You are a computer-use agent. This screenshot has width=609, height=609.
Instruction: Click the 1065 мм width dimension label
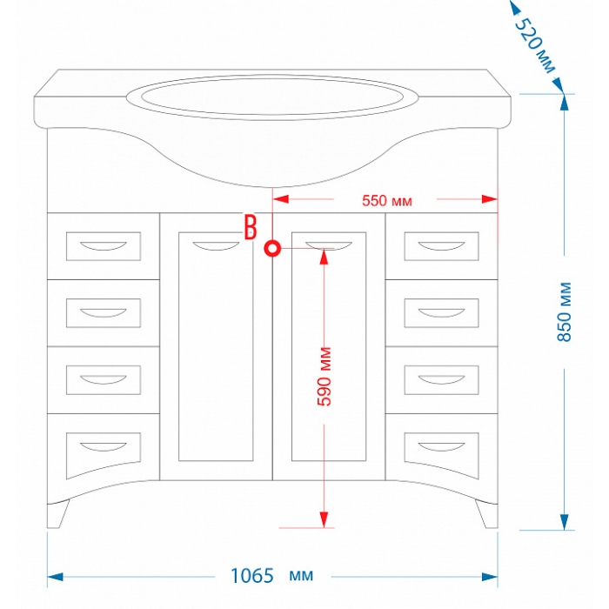coord(271,576)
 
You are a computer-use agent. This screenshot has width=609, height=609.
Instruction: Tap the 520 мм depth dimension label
coord(534,44)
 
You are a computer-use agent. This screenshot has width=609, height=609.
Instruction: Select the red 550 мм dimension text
coord(385,201)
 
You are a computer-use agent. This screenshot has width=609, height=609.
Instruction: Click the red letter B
coord(251,226)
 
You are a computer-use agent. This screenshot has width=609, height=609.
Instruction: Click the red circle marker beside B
coord(273,251)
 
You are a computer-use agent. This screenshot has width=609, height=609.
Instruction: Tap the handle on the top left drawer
coord(103,243)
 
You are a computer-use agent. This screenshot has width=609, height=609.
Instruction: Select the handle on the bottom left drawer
coord(103,445)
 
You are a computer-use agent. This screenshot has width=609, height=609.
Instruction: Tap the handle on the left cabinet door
coord(216,244)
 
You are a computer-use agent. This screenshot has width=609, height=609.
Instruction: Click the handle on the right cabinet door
coord(329,244)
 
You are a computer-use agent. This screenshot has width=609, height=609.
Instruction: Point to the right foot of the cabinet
coord(484,517)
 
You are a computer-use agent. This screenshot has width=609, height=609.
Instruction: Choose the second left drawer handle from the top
coord(103,309)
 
